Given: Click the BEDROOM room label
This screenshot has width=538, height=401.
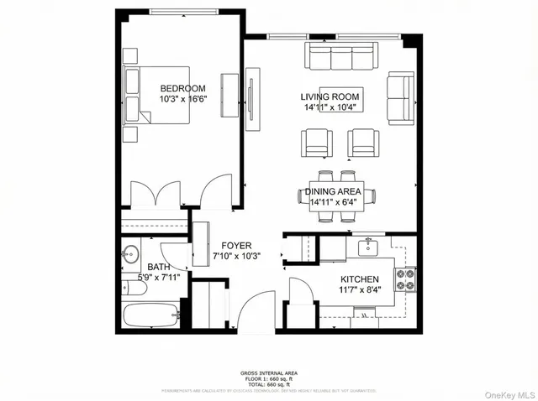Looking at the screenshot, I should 182,89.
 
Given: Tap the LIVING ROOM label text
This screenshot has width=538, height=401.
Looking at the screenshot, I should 330,96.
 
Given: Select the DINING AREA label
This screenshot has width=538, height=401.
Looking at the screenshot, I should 333,191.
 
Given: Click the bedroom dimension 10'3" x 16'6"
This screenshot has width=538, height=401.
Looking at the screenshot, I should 182,100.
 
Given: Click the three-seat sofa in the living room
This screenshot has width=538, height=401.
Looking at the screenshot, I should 338,58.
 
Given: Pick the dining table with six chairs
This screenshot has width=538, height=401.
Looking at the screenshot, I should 332,196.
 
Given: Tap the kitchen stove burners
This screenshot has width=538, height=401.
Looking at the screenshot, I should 409,279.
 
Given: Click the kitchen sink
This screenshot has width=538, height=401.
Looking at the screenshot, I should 370,247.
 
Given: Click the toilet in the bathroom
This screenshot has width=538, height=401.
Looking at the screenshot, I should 130,288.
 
